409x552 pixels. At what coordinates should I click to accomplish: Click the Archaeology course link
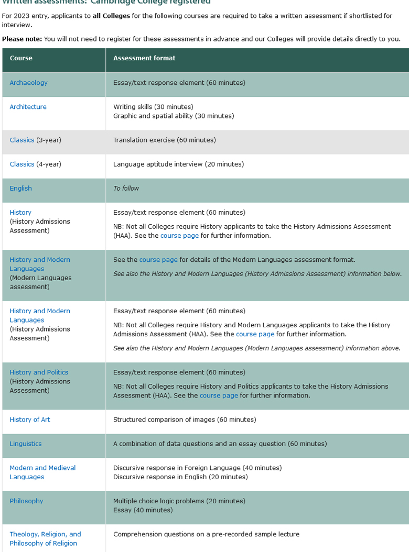(28, 83)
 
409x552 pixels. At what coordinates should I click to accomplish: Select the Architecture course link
(28, 107)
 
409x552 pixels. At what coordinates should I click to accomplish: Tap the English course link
(20, 189)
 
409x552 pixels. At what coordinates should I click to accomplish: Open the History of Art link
(30, 419)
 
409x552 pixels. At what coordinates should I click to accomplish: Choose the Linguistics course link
(25, 444)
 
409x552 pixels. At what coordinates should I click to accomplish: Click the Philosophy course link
(26, 501)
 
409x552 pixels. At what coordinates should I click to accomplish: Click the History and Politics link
(39, 372)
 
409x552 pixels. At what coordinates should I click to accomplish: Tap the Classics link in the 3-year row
(21, 140)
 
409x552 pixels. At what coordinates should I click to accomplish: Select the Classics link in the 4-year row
(21, 164)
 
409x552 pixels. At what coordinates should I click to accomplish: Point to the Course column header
(21, 58)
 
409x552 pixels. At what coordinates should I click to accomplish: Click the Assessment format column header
(144, 58)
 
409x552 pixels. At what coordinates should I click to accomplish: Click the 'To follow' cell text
(126, 189)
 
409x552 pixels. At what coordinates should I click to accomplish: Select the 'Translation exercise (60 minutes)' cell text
(164, 140)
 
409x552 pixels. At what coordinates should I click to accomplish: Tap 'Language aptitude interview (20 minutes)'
(178, 164)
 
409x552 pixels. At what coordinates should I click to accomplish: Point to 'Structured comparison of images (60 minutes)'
(185, 419)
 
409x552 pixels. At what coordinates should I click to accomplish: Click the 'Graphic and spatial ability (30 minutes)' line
(174, 116)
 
